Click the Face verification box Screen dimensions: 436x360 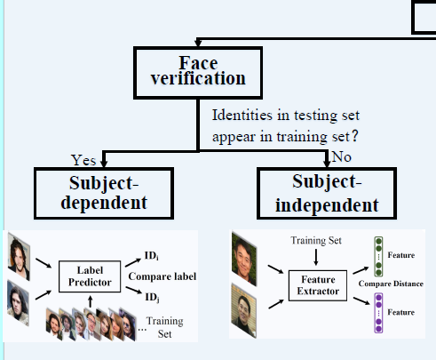[198, 73]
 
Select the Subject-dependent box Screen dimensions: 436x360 [104, 193]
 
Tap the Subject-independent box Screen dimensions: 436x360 [327, 193]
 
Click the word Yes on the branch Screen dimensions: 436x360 [83, 160]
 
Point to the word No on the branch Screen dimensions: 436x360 [342, 156]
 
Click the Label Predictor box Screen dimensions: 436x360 [90, 276]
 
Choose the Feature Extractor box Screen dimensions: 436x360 [318, 285]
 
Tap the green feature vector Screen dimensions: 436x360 [378, 256]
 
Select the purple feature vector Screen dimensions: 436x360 [378, 313]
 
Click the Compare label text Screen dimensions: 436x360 [163, 276]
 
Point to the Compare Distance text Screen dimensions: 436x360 [391, 284]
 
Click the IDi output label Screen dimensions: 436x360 [151, 255]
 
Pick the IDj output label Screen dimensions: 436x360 [152, 297]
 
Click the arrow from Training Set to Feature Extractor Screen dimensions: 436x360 [316, 257]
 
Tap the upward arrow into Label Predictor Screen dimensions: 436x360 [91, 301]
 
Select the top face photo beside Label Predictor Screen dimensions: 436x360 [19, 257]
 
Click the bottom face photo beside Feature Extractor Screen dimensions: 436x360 [244, 311]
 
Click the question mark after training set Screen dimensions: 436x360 [355, 136]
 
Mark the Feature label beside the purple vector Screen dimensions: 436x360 [401, 312]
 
